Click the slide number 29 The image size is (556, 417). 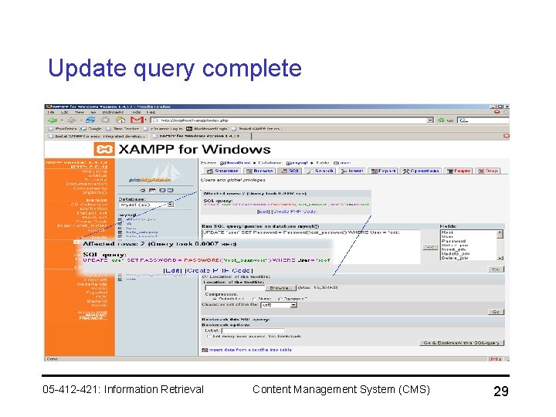coord(500,392)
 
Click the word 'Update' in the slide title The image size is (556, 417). coord(83,68)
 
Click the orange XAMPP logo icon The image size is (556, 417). coord(103,149)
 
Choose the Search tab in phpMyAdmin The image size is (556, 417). coord(321,171)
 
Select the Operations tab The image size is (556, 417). coord(422,171)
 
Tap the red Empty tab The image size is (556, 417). coord(460,171)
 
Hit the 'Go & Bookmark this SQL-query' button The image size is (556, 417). coord(462,343)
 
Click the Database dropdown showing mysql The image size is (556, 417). coord(147,204)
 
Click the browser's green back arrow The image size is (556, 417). coord(52,120)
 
